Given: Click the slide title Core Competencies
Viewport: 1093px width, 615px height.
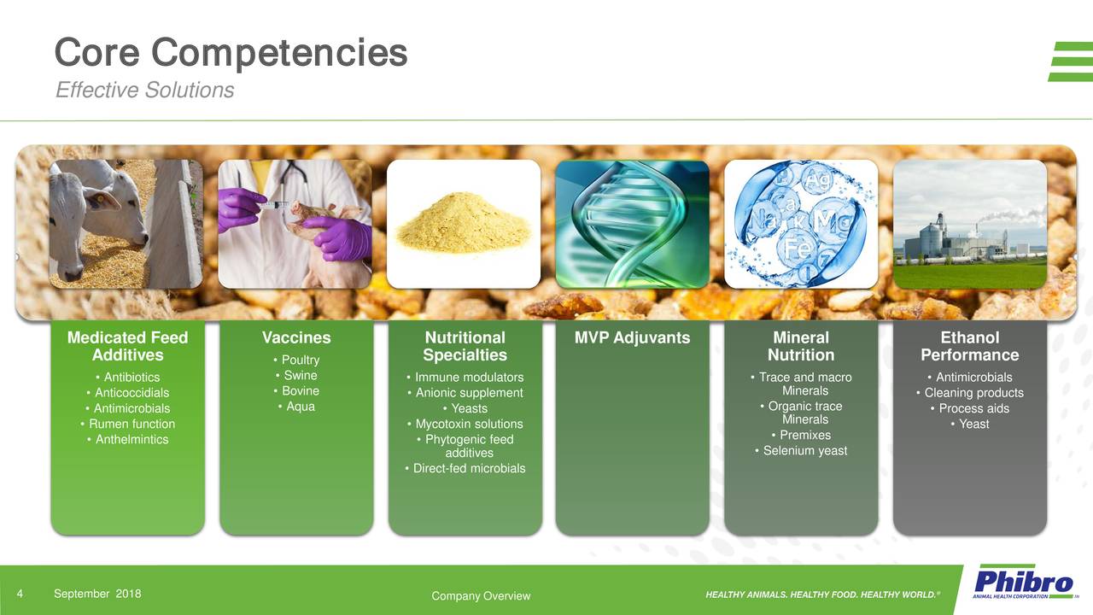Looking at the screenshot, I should click(231, 53).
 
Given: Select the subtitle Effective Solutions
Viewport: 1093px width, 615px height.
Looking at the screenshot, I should click(144, 90).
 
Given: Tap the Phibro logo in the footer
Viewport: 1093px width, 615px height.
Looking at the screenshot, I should click(1024, 584).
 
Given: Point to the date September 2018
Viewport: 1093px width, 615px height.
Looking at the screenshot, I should click(97, 594).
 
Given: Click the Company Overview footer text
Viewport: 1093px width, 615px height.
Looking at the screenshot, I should click(481, 596).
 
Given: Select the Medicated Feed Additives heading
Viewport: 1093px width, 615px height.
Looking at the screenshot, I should click(127, 346).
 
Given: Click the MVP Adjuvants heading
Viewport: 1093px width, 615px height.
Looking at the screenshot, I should click(632, 337).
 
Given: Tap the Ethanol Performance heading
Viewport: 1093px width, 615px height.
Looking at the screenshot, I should click(969, 346).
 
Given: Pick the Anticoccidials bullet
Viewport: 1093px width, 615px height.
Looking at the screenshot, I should click(127, 393).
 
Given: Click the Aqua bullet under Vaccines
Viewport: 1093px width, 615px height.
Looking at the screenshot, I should click(296, 407).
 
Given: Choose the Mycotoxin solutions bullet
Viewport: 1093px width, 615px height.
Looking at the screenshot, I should click(465, 424).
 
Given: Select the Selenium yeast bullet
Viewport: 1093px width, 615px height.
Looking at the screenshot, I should click(801, 451).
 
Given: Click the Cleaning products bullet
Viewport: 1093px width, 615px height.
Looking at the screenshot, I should click(969, 393).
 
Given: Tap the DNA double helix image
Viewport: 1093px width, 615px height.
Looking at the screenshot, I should click(632, 224).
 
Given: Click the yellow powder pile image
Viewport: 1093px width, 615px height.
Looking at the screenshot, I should click(463, 224).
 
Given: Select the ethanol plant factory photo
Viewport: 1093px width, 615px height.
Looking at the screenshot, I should click(969, 224).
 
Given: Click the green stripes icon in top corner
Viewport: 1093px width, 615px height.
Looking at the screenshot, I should click(1070, 61).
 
